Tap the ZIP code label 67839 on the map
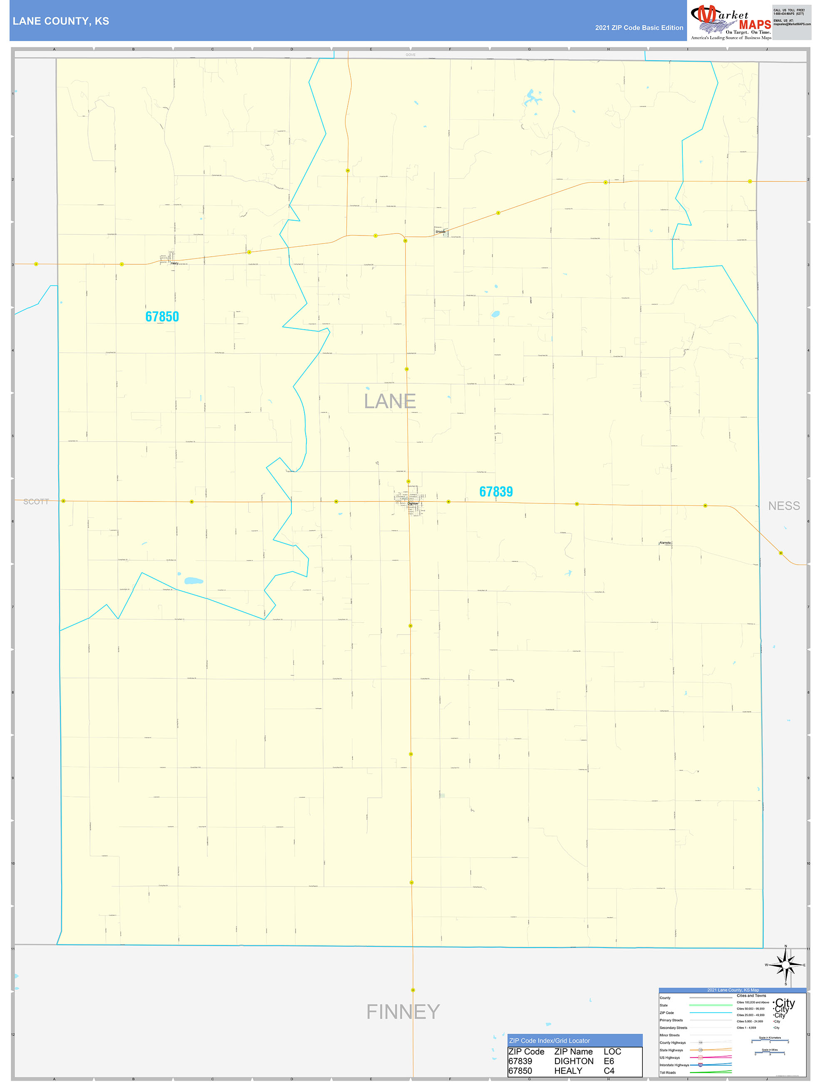click(x=495, y=491)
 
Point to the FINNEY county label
click(x=403, y=1012)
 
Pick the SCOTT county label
click(x=36, y=501)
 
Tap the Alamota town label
click(x=665, y=543)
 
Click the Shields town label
click(x=440, y=231)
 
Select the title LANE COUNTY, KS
click(x=61, y=21)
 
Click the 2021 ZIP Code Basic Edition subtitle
click(x=639, y=27)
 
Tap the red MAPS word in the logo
click(x=754, y=24)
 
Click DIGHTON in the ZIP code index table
click(x=573, y=1061)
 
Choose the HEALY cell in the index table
click(x=567, y=1071)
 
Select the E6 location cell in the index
click(x=609, y=1061)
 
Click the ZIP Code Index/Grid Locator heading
click(x=550, y=1040)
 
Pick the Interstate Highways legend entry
click(x=674, y=1065)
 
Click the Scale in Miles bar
click(x=770, y=1053)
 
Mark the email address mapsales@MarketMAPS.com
click(x=791, y=24)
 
